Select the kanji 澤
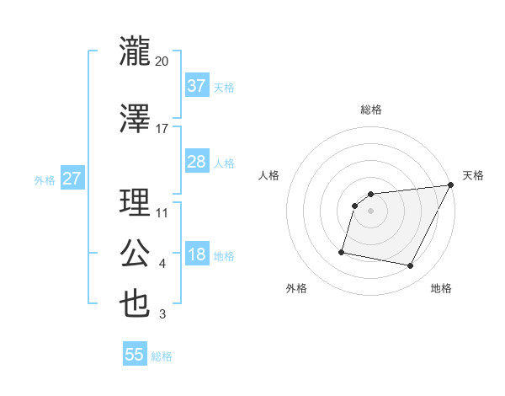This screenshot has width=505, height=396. [x=135, y=119]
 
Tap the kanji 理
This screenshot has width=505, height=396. [x=135, y=203]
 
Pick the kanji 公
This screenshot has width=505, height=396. [x=135, y=254]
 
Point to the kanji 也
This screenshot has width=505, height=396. [x=135, y=304]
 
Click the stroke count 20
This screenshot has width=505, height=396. [x=162, y=62]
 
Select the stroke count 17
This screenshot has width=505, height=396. [x=162, y=129]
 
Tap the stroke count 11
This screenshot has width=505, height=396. [x=162, y=213]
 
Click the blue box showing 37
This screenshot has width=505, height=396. [x=196, y=86]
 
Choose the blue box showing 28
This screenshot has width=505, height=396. [x=196, y=162]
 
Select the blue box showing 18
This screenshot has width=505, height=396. [x=196, y=255]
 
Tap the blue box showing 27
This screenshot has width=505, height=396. [x=72, y=179]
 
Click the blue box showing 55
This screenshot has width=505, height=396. [x=135, y=355]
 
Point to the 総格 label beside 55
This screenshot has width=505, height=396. [x=162, y=356]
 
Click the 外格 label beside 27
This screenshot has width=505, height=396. [x=45, y=179]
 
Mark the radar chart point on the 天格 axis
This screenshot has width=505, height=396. [x=451, y=185]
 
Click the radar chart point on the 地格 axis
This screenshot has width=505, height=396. [x=411, y=266]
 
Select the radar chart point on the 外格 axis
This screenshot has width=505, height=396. [x=342, y=252]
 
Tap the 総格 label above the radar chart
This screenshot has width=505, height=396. [x=371, y=110]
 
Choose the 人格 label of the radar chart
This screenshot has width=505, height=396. [x=269, y=175]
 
